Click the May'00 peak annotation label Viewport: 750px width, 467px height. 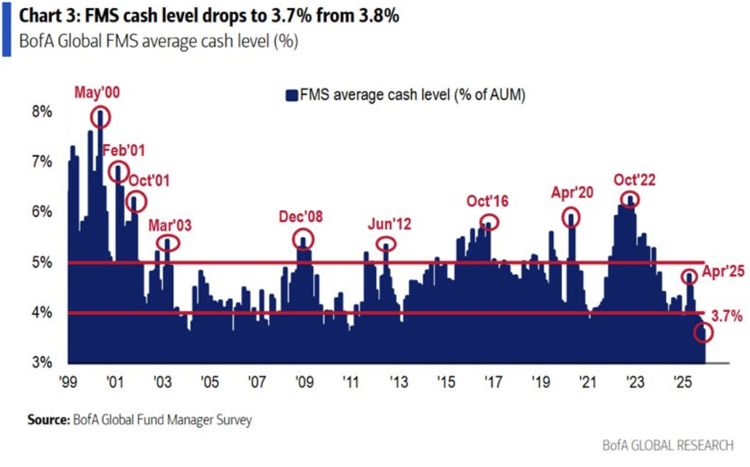[97, 92]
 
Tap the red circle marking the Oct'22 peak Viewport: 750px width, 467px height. [630, 200]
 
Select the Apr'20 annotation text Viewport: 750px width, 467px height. [572, 193]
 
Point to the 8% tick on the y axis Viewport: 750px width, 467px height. [42, 111]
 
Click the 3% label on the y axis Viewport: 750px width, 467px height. [42, 362]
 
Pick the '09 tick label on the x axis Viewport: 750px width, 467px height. [304, 381]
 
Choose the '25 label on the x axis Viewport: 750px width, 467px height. [682, 381]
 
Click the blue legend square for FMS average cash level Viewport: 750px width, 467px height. [292, 95]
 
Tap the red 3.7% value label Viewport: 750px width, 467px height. [726, 316]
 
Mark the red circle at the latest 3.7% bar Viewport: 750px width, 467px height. [703, 332]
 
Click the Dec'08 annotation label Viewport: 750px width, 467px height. [300, 216]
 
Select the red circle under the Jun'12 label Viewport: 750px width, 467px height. [386, 244]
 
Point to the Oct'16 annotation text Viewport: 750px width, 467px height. [487, 201]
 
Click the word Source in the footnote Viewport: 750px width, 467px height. [48, 420]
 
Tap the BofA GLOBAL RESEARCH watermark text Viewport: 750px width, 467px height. [667, 445]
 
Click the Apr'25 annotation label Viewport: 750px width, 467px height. [723, 271]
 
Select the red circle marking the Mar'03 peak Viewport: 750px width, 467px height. [168, 243]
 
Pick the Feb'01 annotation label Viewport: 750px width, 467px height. [123, 151]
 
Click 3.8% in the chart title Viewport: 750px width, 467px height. [378, 16]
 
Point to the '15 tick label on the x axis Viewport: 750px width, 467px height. [446, 381]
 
